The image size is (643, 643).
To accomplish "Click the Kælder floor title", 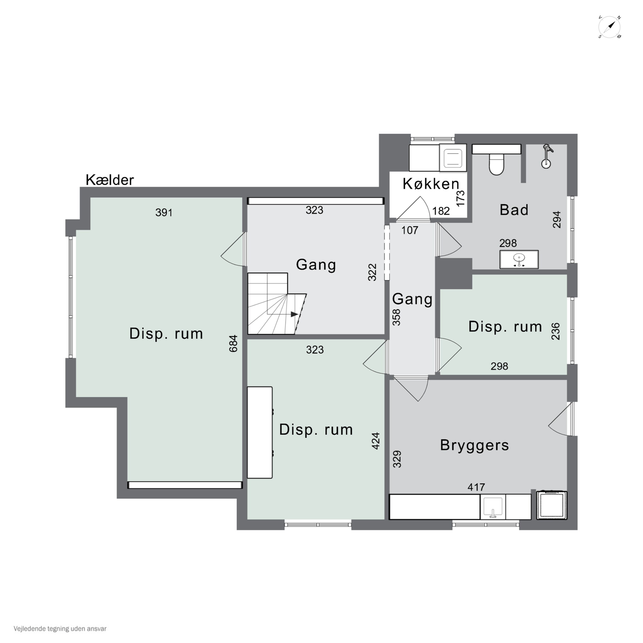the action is [110, 180].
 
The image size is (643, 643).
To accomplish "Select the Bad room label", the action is [514, 210].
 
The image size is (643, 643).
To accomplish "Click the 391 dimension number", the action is [164, 212].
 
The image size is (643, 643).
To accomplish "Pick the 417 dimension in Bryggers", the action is [476, 487].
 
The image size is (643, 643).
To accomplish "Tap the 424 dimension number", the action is [376, 441].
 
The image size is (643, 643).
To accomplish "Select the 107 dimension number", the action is [410, 230].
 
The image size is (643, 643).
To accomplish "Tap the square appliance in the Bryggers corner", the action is [552, 505].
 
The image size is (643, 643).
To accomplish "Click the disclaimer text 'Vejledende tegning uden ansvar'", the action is [60, 629].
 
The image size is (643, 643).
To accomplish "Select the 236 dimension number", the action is [556, 331].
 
